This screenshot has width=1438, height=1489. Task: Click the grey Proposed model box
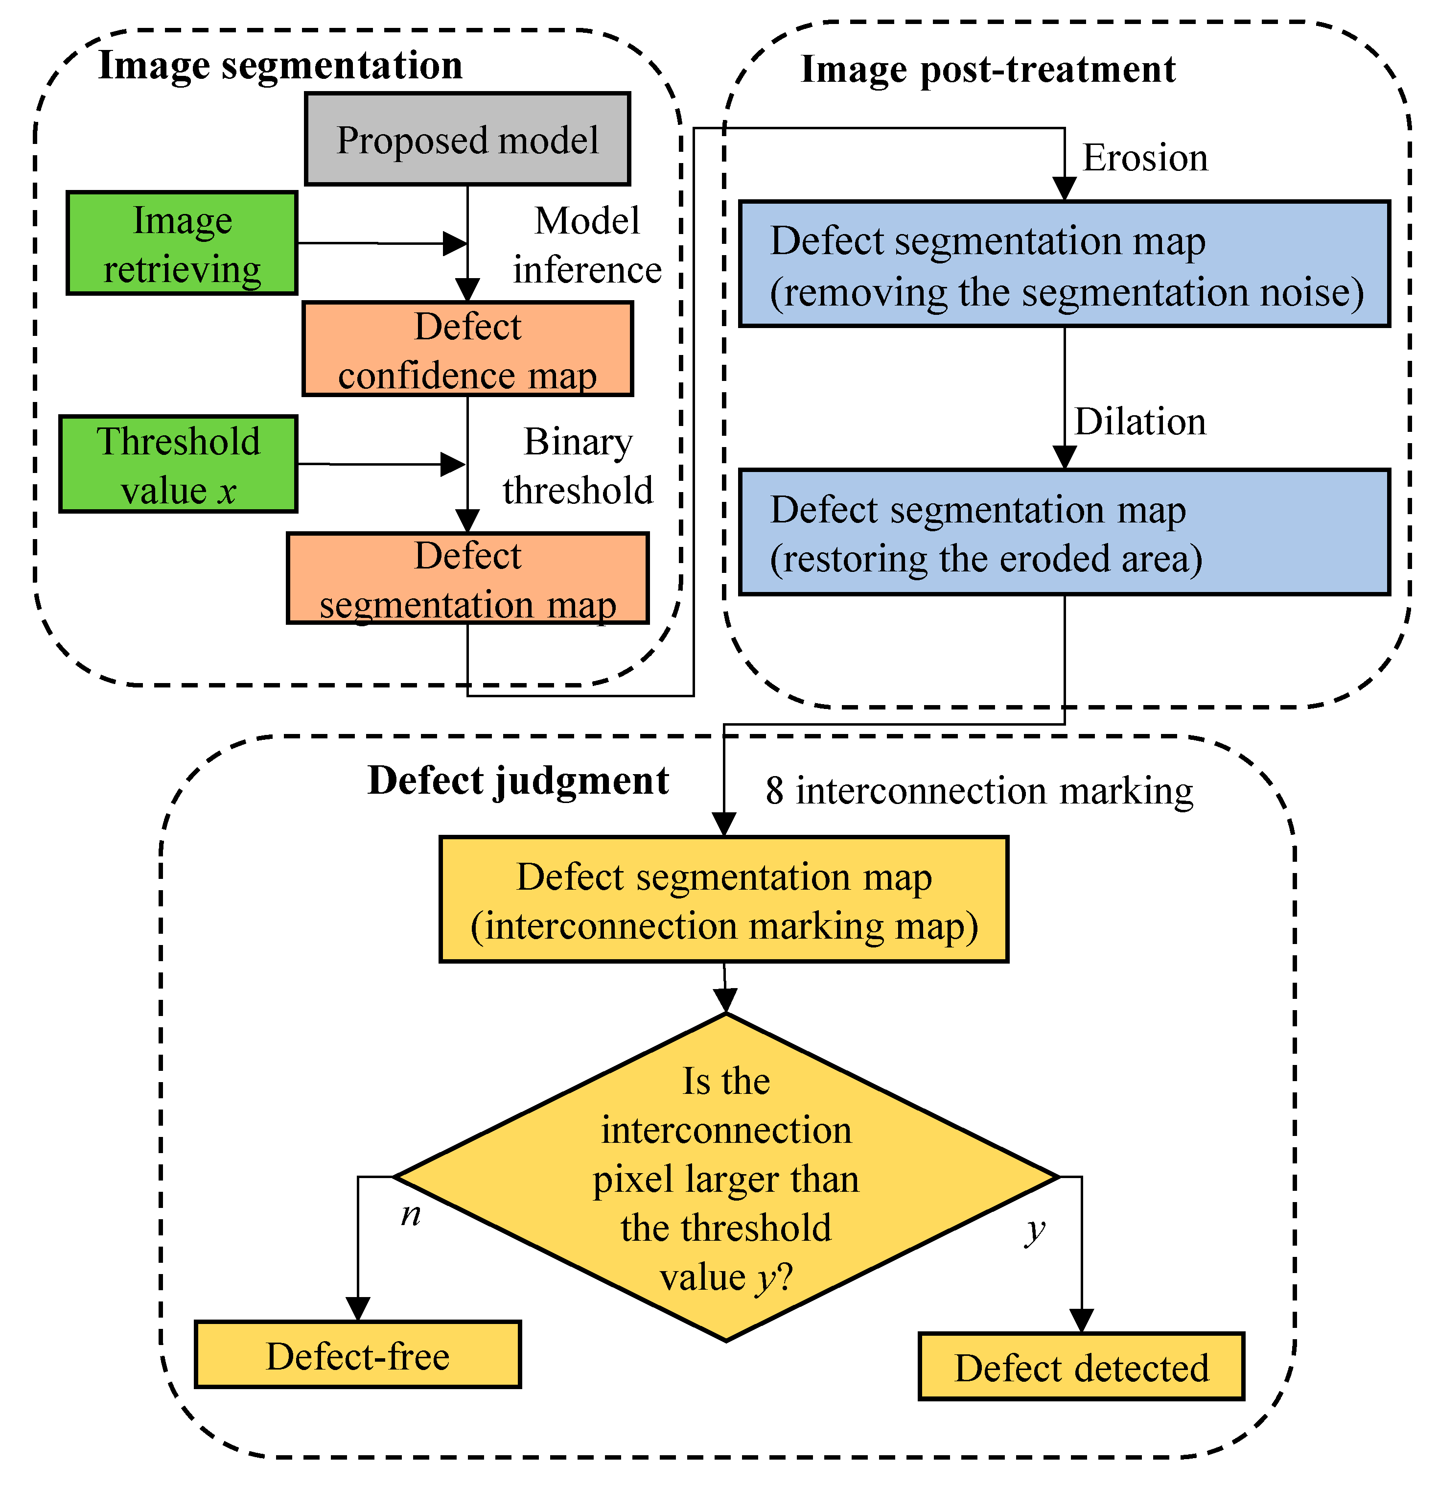[467, 139]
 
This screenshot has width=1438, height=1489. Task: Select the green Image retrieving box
[182, 243]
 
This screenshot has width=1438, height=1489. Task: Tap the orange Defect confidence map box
[467, 350]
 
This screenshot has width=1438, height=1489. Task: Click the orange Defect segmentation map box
[467, 579]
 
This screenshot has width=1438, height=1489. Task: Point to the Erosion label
[1144, 158]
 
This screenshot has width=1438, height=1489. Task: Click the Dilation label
[1139, 422]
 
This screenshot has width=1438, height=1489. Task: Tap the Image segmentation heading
[280, 65]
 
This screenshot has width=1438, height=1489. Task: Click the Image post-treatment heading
[988, 70]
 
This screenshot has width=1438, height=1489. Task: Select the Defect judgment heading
[518, 781]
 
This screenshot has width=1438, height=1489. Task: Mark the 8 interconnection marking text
[979, 791]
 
